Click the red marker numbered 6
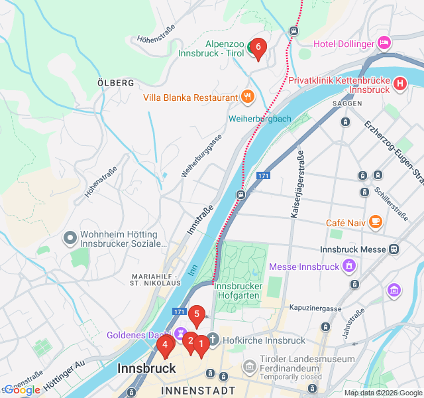click(258, 48)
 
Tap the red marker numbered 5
click(196, 314)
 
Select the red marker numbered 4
click(164, 344)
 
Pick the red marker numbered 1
click(201, 342)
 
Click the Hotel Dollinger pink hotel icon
click(384, 43)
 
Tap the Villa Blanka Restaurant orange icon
click(247, 97)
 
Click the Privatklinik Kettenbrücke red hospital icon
click(399, 84)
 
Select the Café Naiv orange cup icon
click(376, 221)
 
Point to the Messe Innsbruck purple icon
click(348, 267)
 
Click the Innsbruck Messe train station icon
click(394, 249)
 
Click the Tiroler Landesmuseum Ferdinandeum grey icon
click(249, 365)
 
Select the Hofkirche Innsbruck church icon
click(212, 340)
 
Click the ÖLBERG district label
click(115, 83)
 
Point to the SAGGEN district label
click(346, 104)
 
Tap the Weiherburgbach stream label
click(260, 119)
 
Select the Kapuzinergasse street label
click(315, 308)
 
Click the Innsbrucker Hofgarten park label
click(238, 290)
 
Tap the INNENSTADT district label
click(197, 391)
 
